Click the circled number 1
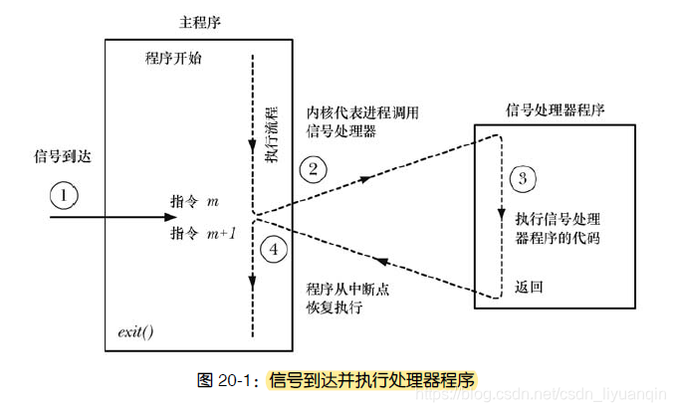[64, 196]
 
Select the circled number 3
[521, 179]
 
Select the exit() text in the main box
[135, 329]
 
